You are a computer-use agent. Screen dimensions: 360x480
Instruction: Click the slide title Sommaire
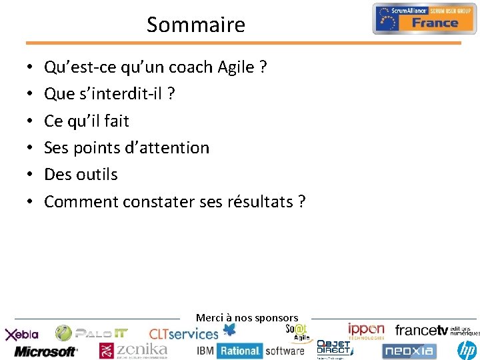coord(195,25)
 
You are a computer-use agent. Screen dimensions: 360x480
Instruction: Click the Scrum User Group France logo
coord(424,19)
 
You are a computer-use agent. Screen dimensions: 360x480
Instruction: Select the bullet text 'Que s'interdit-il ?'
coord(109,94)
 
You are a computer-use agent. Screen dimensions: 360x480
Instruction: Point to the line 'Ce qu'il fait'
coord(86,121)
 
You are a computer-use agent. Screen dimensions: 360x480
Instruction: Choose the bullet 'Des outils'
coord(81,174)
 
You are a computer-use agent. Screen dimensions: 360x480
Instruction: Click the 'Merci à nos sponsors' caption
coord(247,318)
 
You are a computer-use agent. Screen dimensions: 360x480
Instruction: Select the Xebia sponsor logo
coord(23,334)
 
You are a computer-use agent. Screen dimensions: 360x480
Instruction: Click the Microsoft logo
coord(46,351)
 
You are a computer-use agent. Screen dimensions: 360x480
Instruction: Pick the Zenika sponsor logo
coord(133,350)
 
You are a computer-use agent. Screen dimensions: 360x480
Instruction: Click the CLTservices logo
coord(184,333)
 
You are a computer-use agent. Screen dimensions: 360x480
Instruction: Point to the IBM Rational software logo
coord(250,351)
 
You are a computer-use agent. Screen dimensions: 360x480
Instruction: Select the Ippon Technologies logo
coord(366,331)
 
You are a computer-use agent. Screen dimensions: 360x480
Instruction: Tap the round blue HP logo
coord(468,350)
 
